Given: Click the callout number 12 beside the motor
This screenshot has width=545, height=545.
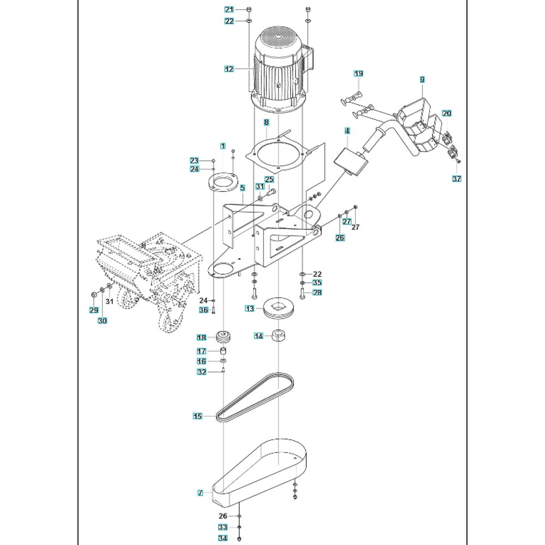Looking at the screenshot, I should pyautogui.click(x=229, y=69).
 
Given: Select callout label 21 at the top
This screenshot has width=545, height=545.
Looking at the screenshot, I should pyautogui.click(x=229, y=9).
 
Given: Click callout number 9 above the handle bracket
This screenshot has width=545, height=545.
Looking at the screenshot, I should pyautogui.click(x=422, y=80).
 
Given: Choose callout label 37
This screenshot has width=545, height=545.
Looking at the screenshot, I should pyautogui.click(x=457, y=178).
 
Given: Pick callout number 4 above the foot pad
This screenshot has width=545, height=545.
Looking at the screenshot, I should pyautogui.click(x=347, y=131).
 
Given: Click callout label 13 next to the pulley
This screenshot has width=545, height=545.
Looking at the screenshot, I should pyautogui.click(x=250, y=309).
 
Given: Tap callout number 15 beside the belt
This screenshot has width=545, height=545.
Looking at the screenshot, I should pyautogui.click(x=197, y=416).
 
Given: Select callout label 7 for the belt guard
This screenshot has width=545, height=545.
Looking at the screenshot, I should pyautogui.click(x=201, y=493).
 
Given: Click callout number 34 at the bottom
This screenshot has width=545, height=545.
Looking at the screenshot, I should pyautogui.click(x=222, y=538).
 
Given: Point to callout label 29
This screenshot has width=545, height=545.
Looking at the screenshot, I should pyautogui.click(x=94, y=310).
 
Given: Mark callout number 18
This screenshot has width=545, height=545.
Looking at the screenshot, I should pyautogui.click(x=202, y=338).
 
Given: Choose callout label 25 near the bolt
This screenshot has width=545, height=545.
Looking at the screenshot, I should pyautogui.click(x=269, y=179).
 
